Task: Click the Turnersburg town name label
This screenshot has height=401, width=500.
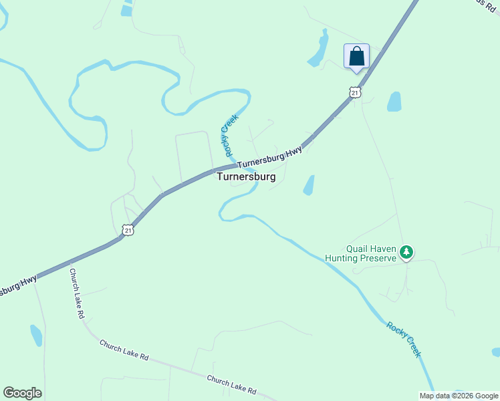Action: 246,177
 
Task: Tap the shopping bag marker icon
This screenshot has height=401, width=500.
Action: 356,56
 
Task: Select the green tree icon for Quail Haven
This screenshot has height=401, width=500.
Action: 406,252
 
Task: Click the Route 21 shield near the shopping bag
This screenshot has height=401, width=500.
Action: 355,92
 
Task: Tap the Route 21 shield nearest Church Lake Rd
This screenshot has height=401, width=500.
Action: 128,230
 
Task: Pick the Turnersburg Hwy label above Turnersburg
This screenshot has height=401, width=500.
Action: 269,157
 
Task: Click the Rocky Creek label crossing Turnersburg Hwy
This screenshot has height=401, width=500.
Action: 229,132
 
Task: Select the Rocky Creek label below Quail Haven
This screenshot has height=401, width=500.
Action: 404,339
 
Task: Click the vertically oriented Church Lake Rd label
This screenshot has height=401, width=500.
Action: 76,293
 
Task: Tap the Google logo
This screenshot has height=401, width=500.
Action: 22,393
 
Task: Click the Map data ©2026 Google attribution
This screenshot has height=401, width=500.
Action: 459,396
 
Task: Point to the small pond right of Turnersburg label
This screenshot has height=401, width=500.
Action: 309,185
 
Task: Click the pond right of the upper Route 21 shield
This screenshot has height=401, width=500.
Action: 394,102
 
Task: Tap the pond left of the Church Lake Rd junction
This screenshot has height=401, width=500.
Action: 36,335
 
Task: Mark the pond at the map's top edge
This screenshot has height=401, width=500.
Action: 126,8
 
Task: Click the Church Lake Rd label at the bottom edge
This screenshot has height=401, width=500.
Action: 231,384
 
